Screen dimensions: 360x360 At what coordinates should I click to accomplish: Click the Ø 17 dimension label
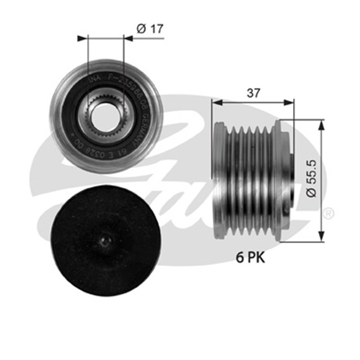click(x=149, y=29)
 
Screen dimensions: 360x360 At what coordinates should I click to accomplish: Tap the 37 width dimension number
click(x=253, y=93)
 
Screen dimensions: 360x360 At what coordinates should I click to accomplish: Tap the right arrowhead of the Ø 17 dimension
click(x=129, y=38)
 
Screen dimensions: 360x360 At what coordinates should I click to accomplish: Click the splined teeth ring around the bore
click(x=106, y=101)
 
